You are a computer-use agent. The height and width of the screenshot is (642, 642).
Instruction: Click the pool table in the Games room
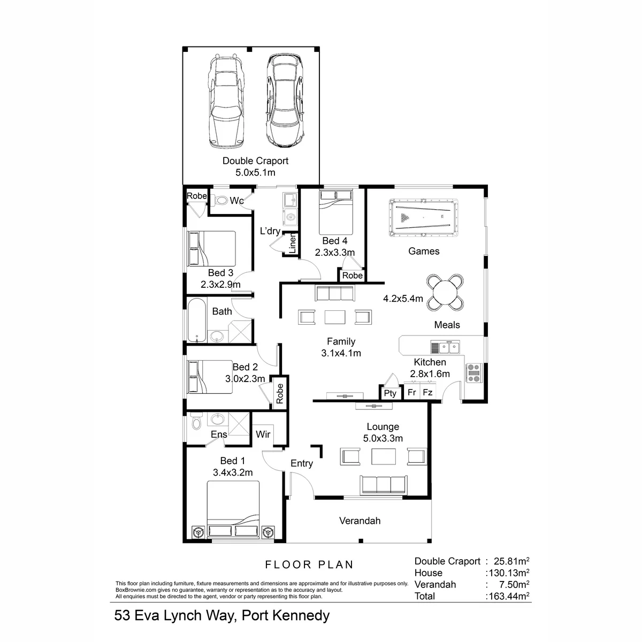423,218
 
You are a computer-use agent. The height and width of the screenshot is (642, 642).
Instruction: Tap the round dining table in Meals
445,293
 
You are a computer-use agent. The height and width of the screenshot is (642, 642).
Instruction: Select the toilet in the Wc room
219,200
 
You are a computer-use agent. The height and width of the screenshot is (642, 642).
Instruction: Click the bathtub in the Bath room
196,320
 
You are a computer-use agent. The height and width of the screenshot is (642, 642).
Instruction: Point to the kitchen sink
445,348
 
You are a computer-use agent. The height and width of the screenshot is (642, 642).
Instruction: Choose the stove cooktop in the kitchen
474,373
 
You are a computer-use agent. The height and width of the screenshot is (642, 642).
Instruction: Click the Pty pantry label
390,393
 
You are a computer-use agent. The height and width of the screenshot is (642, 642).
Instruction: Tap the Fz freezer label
427,392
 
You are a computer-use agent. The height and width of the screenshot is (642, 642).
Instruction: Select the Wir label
263,434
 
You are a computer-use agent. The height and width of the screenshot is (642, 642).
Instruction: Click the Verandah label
360,521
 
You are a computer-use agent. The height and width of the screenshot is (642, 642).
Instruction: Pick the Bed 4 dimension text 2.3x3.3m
335,253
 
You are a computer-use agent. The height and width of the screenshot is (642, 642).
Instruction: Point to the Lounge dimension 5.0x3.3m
383,438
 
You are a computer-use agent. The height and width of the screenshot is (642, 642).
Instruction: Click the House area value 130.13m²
508,572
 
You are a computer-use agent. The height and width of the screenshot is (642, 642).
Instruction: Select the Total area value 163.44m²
508,596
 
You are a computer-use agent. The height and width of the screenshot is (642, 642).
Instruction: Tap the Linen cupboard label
292,243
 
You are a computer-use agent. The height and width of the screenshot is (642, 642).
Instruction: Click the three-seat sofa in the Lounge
383,485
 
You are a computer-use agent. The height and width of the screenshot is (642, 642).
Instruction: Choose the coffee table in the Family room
335,317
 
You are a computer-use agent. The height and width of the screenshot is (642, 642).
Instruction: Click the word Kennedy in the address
301,616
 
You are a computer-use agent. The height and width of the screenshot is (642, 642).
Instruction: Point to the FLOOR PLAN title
309,564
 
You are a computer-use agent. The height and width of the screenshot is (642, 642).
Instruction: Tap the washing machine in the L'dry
291,217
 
